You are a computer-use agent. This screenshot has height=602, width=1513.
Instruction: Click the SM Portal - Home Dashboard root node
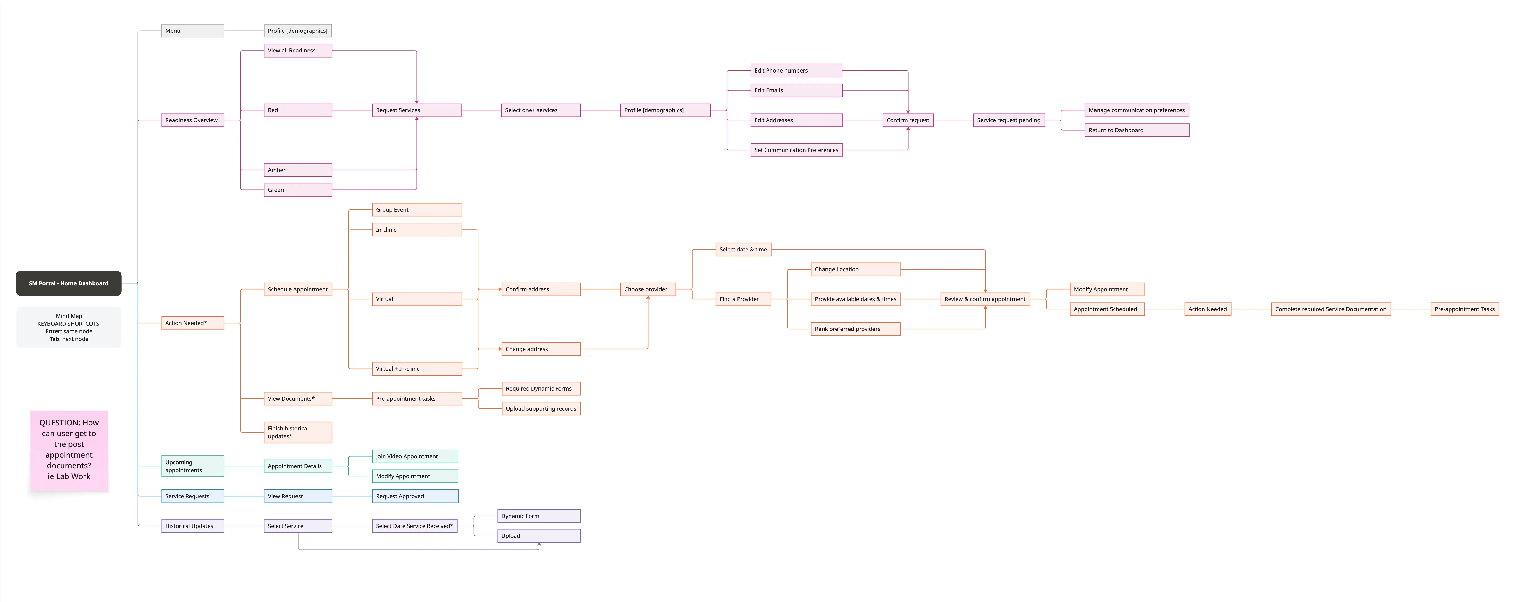pos(69,283)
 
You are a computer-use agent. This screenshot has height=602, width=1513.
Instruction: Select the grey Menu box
pos(193,31)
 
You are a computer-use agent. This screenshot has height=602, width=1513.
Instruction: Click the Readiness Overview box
pos(193,120)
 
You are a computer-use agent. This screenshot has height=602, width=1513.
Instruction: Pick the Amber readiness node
pos(298,170)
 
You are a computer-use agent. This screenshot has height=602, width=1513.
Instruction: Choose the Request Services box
pos(416,110)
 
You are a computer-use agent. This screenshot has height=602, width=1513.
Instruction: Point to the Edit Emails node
pos(796,90)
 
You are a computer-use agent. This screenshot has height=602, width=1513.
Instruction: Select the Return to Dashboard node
pos(1136,130)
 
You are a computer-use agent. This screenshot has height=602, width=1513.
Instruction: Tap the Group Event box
pos(416,210)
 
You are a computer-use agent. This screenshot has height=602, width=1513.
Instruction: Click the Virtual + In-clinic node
pos(416,369)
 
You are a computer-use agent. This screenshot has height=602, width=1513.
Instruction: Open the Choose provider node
pos(648,290)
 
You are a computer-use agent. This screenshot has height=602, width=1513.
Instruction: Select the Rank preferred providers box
pos(855,329)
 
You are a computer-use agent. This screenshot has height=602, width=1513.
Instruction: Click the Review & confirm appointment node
pos(985,299)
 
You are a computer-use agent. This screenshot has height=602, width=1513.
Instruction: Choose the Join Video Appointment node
pos(415,456)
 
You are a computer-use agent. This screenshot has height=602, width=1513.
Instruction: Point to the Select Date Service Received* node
pos(415,526)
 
